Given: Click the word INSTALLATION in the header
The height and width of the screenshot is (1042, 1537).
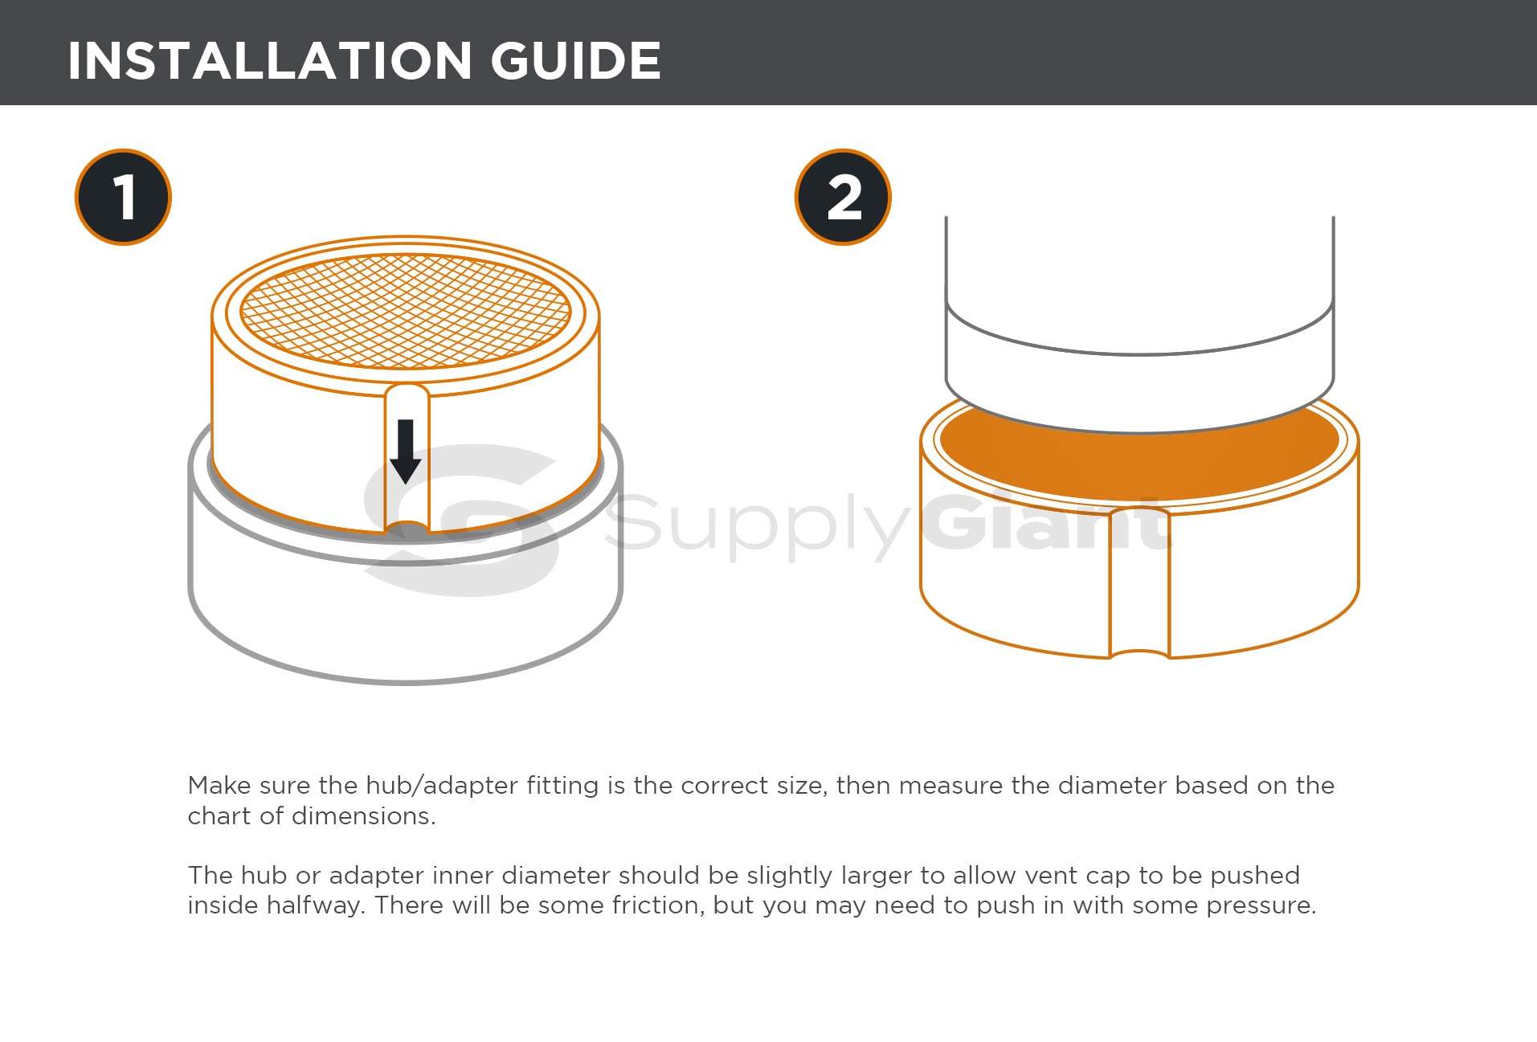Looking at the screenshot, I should pyautogui.click(x=269, y=61).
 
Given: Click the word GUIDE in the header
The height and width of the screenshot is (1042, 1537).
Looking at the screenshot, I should pyautogui.click(x=575, y=61).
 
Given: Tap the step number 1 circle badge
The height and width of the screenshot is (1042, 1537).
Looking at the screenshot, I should pyautogui.click(x=123, y=197).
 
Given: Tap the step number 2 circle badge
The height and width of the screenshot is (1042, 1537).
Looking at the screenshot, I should pyautogui.click(x=843, y=197).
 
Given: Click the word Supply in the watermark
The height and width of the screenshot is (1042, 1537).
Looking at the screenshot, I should pyautogui.click(x=755, y=522).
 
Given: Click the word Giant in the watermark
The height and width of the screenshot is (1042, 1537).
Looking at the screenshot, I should pyautogui.click(x=1044, y=522).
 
